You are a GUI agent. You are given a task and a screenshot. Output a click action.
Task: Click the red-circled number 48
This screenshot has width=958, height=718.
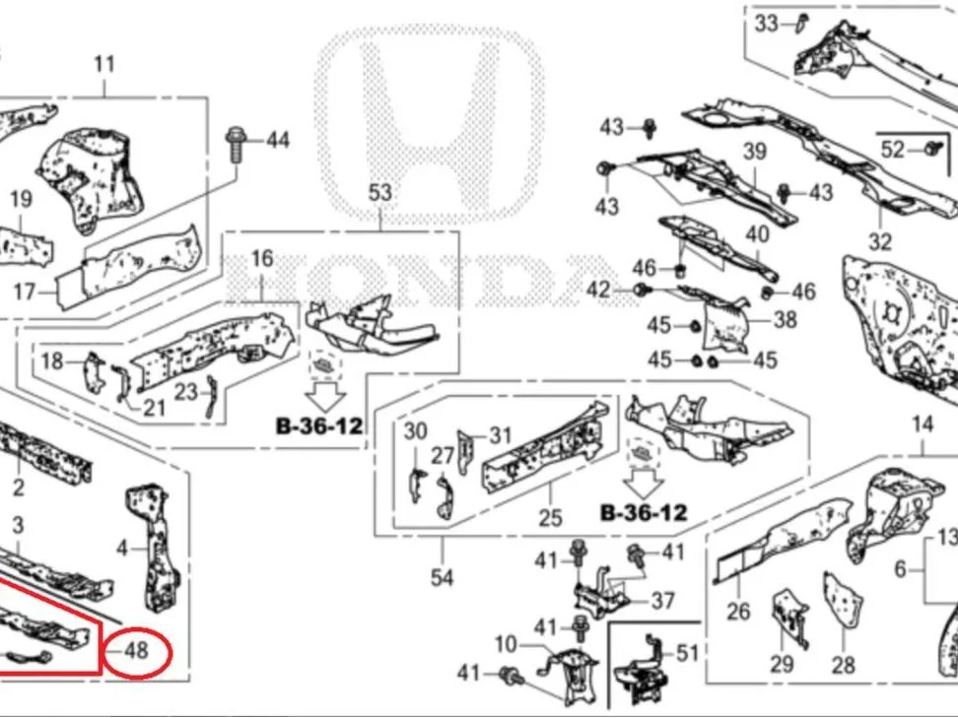coord(136,651)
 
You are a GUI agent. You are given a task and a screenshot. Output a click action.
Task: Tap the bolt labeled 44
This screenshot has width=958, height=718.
coord(236,145)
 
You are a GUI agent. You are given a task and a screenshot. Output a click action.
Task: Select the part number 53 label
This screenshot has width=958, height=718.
coord(380,193)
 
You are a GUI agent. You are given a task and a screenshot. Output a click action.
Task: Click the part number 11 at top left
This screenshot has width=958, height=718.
coord(104,64)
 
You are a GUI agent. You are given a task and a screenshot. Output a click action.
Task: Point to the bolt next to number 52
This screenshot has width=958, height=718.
coord(931,148)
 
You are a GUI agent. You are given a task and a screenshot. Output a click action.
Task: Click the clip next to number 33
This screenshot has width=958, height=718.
coord(802,24)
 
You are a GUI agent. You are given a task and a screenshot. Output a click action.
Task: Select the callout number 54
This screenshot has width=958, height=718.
coord(442,577)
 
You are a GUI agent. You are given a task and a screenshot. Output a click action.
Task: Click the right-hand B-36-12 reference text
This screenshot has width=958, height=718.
coord(644,512)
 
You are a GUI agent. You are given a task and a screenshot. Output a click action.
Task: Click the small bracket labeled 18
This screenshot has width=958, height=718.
coord(94,372)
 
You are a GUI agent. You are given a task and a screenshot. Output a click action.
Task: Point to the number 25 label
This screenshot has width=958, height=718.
coord(550,518)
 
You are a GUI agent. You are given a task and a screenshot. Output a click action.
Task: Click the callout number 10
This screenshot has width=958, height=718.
coord(506,644)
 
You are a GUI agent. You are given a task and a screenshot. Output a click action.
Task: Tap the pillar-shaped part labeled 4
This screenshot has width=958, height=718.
coord(152,547)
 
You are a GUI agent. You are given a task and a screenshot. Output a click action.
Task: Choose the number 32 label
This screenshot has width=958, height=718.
coord(880,241)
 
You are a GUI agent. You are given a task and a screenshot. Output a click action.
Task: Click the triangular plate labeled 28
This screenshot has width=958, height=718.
coord(843,600)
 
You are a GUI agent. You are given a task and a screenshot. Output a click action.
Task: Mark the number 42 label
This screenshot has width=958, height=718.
coord(598,290)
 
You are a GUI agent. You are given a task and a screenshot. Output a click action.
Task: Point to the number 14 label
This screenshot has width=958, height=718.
coord(923,424)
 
